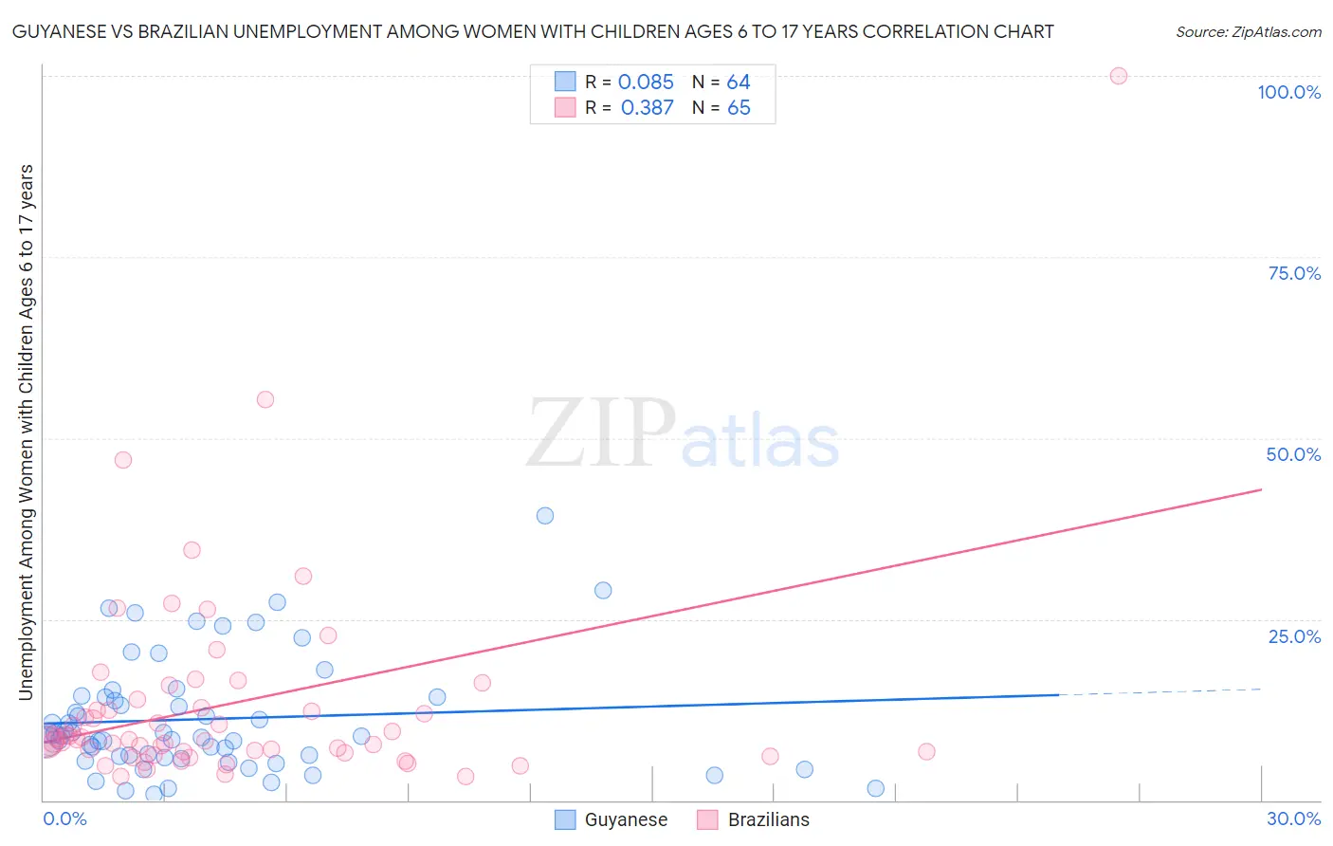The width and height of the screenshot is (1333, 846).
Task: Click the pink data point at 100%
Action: click(x=1118, y=76)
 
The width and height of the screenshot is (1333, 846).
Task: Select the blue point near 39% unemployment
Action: click(x=544, y=516)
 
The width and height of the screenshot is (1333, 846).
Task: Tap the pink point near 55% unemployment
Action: click(x=265, y=399)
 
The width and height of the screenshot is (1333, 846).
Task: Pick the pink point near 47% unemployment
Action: click(x=122, y=460)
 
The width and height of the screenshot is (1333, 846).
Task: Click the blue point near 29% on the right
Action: click(x=603, y=590)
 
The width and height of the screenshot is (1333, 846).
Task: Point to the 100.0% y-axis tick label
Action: click(x=1288, y=92)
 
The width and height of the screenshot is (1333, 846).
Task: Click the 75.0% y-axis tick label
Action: click(x=1294, y=273)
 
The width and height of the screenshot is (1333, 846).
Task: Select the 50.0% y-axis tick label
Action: click(x=1293, y=454)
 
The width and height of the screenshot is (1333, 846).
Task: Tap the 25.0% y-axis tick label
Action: click(x=1294, y=636)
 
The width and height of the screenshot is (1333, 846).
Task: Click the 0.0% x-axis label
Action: click(x=64, y=818)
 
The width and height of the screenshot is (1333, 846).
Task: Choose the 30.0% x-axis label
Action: click(x=1293, y=818)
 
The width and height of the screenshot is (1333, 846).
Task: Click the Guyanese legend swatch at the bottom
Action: click(x=565, y=819)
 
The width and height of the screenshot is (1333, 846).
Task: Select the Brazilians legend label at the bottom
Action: click(x=768, y=819)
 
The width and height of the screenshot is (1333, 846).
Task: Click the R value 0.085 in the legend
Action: click(x=646, y=83)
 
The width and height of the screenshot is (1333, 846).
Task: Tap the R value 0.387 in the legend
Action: click(x=647, y=108)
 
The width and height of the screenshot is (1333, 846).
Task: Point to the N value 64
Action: click(x=739, y=83)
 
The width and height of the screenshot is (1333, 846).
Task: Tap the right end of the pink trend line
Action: click(x=1261, y=489)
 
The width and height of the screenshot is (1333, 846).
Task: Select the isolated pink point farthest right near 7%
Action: click(x=926, y=751)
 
